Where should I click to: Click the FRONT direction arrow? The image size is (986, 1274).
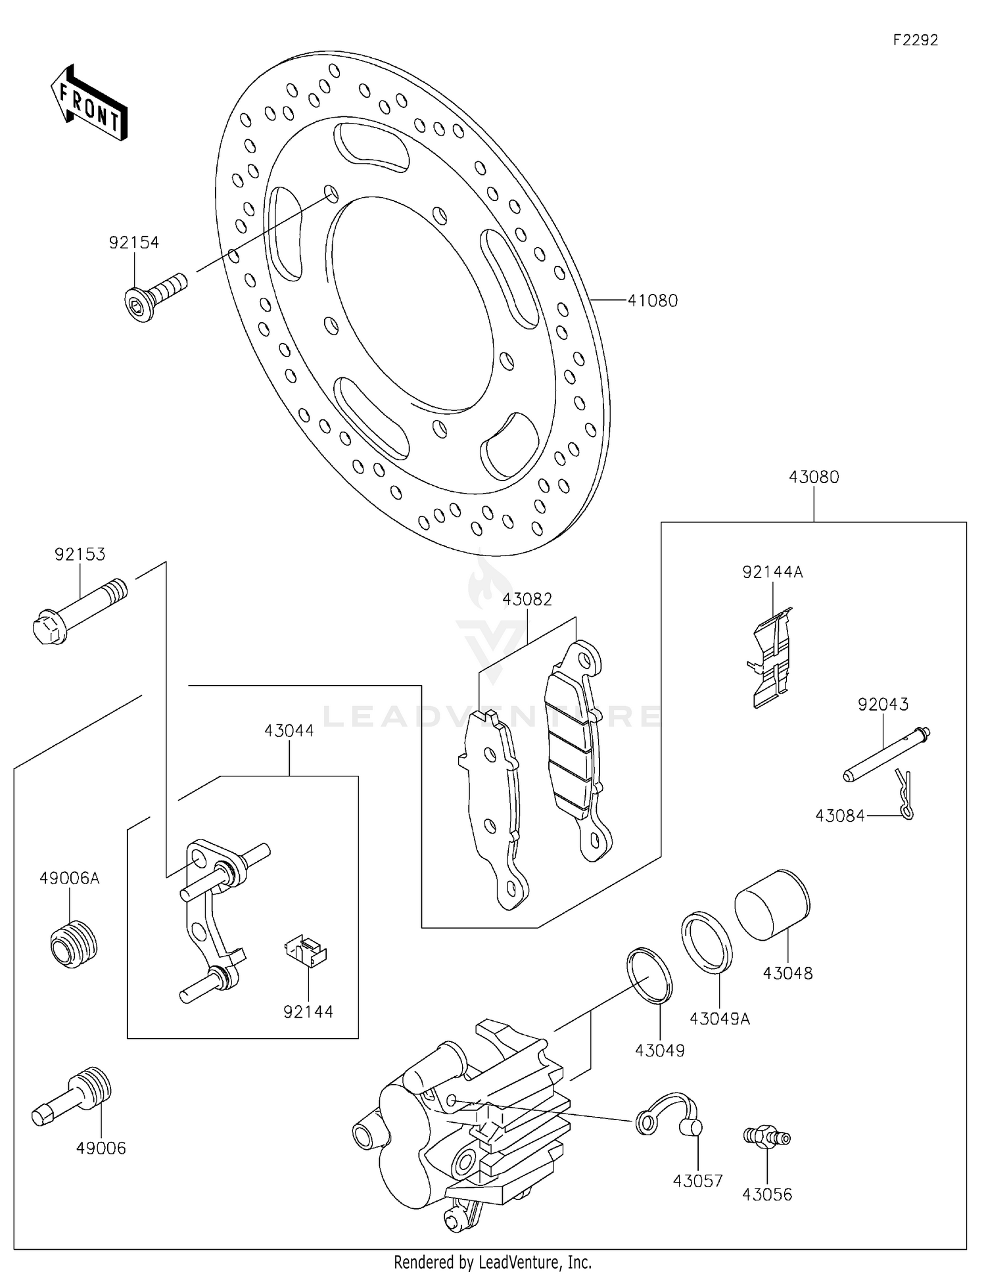click(x=89, y=104)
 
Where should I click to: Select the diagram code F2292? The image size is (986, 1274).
click(x=915, y=40)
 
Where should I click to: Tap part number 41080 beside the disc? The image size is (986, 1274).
click(x=652, y=300)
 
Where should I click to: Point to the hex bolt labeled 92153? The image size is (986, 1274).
click(x=79, y=612)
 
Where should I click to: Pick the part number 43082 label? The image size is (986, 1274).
click(x=527, y=600)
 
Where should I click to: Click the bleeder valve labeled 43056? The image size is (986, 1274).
click(x=766, y=1137)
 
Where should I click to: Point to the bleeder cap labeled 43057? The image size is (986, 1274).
click(x=670, y=1117)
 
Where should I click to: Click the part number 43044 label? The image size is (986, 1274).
click(x=289, y=730)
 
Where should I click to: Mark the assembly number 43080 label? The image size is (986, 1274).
click(x=814, y=477)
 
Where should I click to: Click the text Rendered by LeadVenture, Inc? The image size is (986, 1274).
click(x=492, y=1262)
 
